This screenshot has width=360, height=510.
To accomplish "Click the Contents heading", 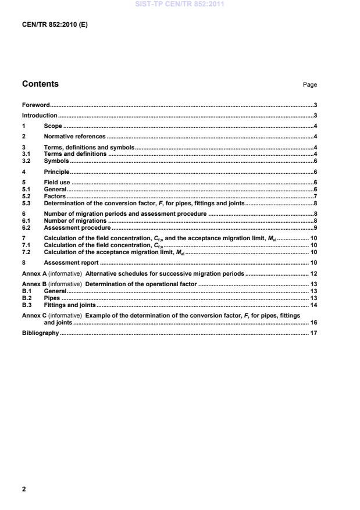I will coord(40,84).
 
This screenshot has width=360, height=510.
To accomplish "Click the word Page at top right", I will coord(309,85).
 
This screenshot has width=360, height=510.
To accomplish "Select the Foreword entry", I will coord(35,105).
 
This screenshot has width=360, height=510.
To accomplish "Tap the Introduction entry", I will coord(40,116).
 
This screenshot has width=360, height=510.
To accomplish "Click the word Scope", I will coord(53,126).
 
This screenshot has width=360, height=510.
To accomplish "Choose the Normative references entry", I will coord(74,137).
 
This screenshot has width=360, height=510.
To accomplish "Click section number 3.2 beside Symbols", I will coord(27,161).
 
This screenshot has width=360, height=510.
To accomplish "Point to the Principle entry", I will coord(56,172).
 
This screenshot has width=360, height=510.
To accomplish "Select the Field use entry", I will coord(57,183).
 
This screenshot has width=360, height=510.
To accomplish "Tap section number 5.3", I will coord(27,204).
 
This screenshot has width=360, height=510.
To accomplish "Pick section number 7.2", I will coord(27,252).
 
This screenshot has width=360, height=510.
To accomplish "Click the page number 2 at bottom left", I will coord(24,489).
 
